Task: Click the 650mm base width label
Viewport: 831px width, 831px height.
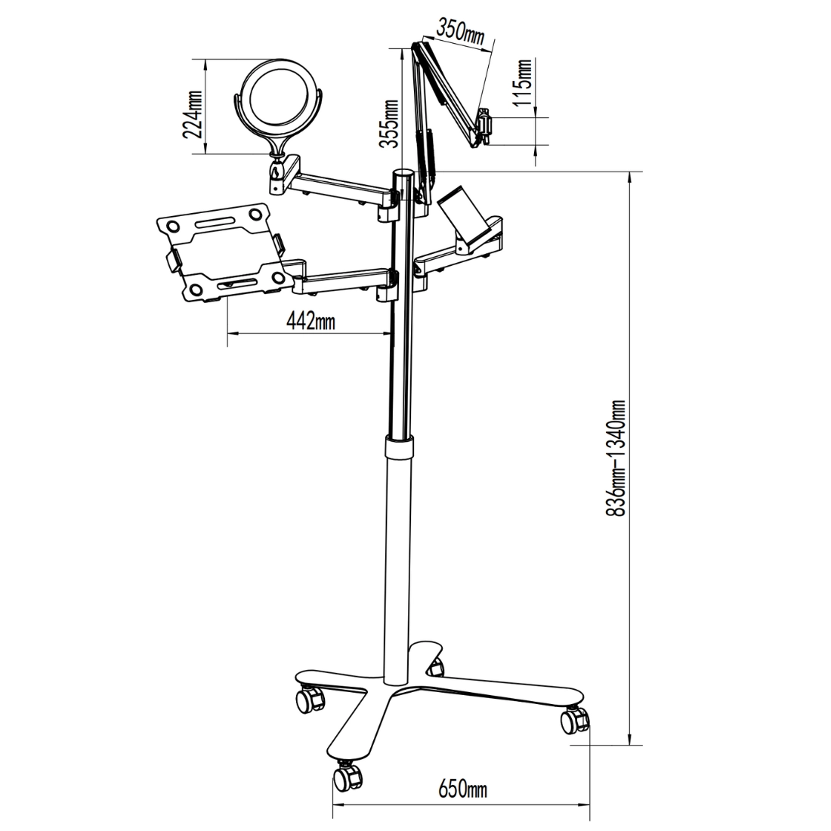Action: [462, 790]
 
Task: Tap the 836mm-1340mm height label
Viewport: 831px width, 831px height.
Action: [618, 459]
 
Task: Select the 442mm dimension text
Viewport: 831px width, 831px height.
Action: [311, 321]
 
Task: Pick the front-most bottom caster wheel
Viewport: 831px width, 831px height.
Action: [348, 776]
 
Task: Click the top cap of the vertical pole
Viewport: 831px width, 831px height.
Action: [403, 175]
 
